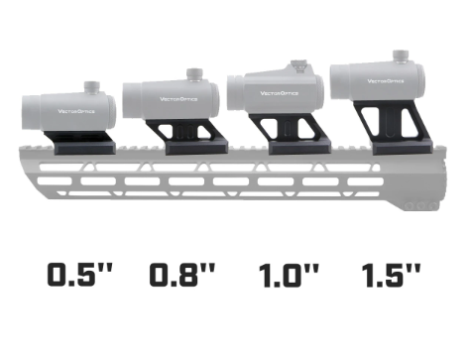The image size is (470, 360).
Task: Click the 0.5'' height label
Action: click(x=83, y=276)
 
